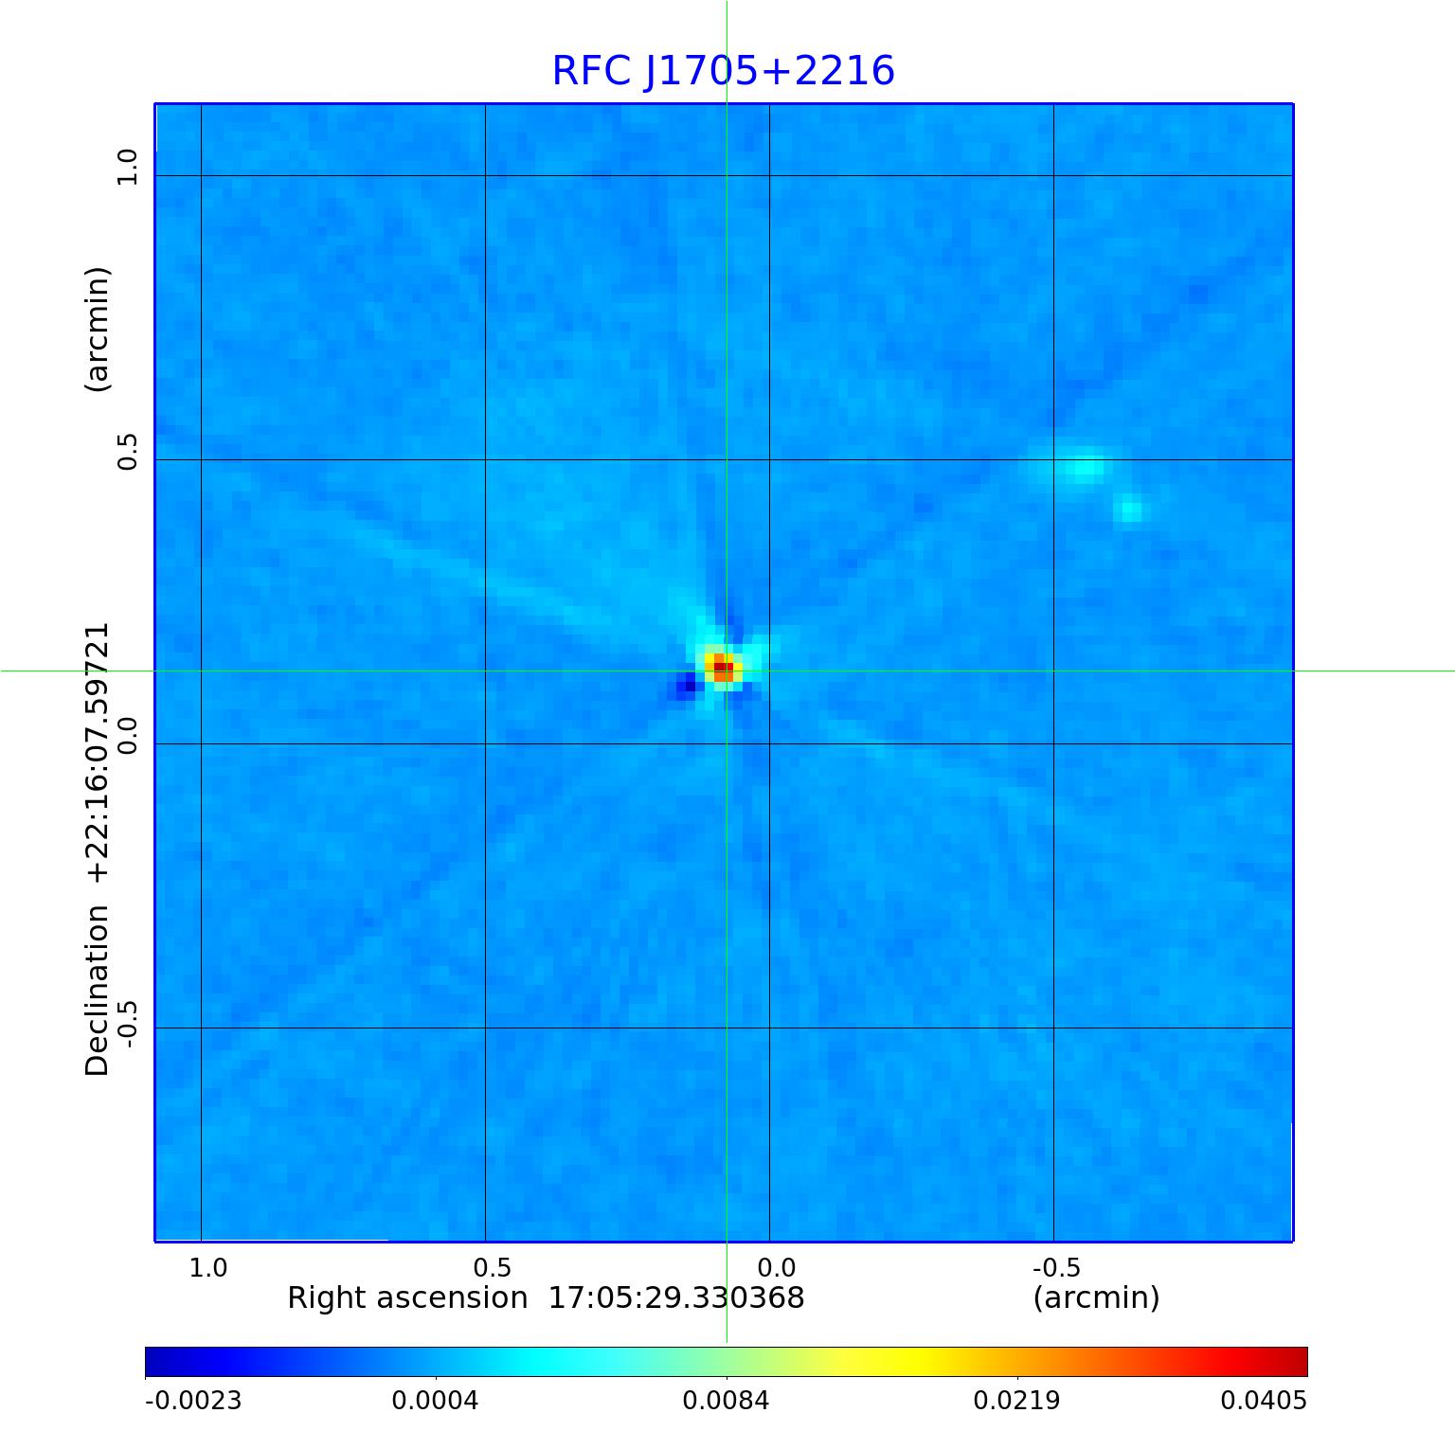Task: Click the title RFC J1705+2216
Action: tap(723, 71)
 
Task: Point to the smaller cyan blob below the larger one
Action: tap(1130, 510)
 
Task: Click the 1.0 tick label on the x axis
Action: tap(207, 1267)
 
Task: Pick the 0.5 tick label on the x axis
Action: tap(492, 1267)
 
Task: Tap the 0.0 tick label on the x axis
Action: tap(776, 1267)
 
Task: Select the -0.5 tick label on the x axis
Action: tap(1056, 1267)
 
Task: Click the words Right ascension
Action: tap(407, 1297)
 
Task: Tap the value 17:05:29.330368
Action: tap(676, 1297)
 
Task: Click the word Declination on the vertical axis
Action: tap(98, 990)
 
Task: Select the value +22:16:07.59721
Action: tap(98, 753)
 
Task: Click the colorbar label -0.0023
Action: tap(193, 1400)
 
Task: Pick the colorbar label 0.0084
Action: tap(726, 1400)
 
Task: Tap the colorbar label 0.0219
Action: tap(1016, 1400)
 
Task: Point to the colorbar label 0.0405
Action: tap(1263, 1400)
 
